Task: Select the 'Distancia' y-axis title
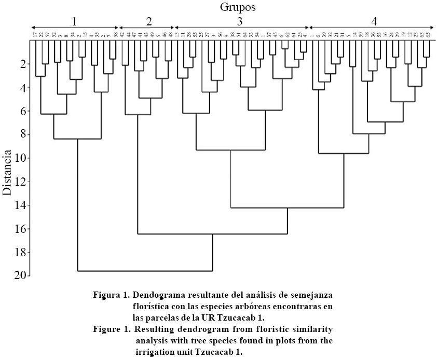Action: pos(7,173)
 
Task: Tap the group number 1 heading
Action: pos(75,21)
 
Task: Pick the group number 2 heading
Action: pos(149,21)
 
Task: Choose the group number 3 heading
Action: pos(240,21)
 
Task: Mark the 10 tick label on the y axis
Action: pos(19,158)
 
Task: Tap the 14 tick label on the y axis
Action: pos(19,205)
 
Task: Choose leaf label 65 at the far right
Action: pos(428,35)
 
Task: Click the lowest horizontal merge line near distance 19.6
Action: pos(145,271)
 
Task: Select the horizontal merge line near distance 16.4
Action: pos(212,234)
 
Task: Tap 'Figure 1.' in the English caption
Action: pos(111,329)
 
